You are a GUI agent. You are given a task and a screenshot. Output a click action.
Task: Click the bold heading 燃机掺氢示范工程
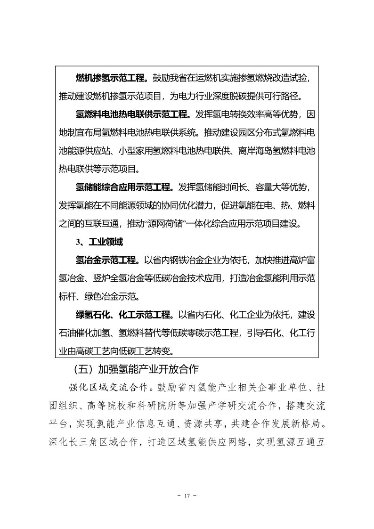[x=113, y=78]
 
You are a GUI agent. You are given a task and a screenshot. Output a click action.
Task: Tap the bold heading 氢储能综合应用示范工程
[x=124, y=187]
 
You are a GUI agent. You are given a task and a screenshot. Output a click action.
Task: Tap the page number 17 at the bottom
[x=187, y=496]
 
